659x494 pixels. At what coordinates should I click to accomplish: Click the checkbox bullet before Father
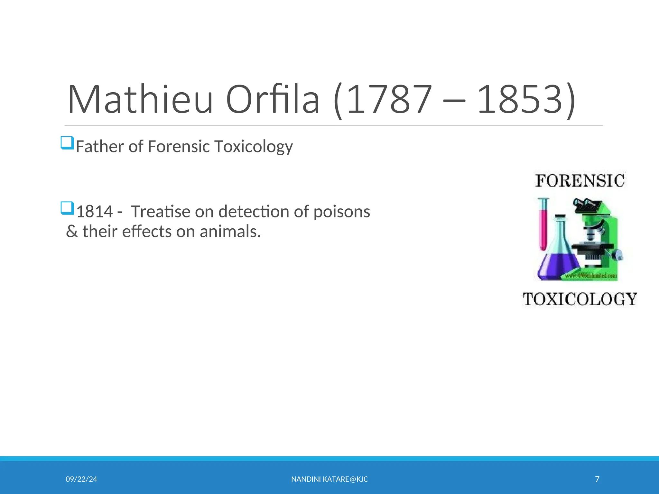click(68, 143)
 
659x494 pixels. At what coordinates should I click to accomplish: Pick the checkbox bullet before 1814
click(68, 208)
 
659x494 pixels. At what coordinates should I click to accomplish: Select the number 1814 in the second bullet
click(95, 212)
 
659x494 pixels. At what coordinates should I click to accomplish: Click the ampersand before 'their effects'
click(72, 232)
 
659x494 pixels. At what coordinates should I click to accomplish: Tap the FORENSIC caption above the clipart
click(580, 181)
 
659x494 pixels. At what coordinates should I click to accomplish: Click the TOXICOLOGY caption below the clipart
click(580, 299)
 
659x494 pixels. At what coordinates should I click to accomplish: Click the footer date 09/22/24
click(81, 479)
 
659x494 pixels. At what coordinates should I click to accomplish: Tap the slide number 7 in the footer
click(597, 479)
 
